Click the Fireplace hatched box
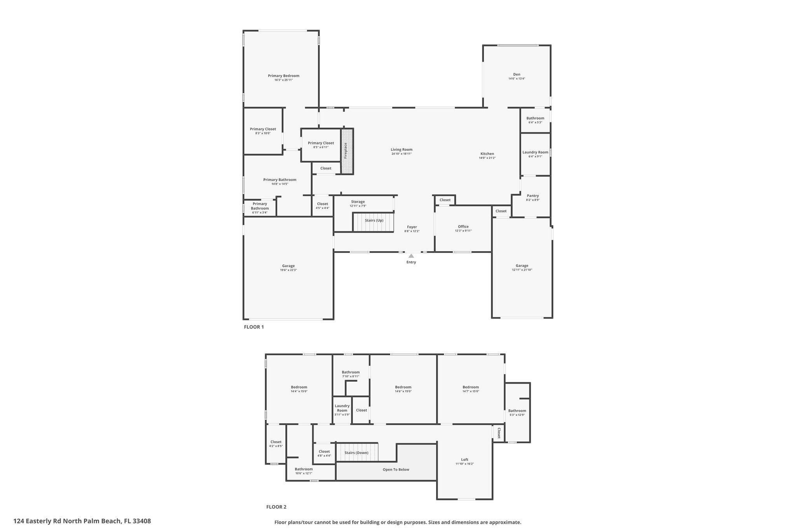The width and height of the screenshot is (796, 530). [x=347, y=151]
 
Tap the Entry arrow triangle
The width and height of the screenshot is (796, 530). [x=411, y=256]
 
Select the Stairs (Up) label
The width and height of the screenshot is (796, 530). [x=374, y=221]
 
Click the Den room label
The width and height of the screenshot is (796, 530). [x=517, y=75]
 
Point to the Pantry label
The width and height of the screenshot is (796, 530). [x=532, y=196]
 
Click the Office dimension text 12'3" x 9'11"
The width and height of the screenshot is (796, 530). [x=463, y=231]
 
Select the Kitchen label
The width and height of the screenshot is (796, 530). [x=487, y=154]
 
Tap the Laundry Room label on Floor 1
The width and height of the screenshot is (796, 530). [x=535, y=152]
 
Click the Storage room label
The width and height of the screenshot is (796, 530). [x=358, y=202]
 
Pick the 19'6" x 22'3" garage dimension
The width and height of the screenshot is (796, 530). [x=288, y=270]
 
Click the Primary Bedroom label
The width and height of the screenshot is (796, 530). [x=283, y=76]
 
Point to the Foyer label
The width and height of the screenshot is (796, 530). [x=412, y=227]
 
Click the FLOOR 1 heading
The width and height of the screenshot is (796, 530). [x=254, y=327]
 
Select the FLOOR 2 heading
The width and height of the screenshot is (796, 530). [x=276, y=507]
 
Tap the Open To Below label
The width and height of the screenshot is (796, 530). [x=396, y=469]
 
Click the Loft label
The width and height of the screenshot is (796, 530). [x=464, y=460]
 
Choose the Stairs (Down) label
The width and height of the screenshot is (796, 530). [x=356, y=453]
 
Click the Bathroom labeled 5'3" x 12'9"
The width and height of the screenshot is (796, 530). [x=517, y=411]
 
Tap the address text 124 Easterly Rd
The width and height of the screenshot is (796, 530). [x=82, y=521]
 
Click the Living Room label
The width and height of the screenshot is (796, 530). [x=401, y=149]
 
